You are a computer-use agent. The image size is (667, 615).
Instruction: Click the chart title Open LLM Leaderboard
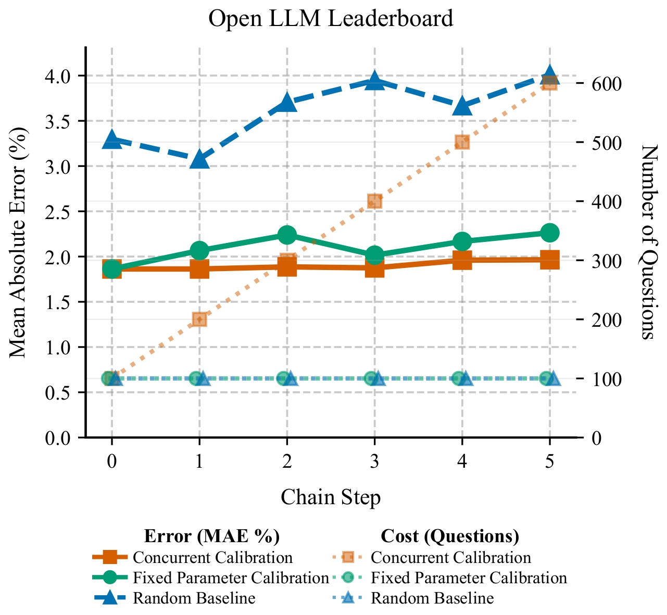(331, 19)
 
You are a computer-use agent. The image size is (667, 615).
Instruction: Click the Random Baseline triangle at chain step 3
(374, 81)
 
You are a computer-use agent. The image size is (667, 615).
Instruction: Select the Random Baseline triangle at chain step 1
(199, 159)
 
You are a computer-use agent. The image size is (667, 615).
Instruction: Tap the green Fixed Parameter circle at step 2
(287, 235)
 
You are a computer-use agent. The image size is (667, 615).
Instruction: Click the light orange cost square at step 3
(374, 201)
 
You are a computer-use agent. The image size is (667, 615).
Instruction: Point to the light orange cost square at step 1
(199, 319)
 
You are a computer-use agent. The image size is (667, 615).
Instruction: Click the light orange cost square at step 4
(462, 143)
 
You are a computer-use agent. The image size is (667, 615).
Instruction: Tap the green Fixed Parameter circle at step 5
(549, 233)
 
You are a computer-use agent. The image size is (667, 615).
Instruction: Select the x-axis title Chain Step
(331, 497)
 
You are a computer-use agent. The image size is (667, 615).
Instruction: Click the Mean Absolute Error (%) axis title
(19, 242)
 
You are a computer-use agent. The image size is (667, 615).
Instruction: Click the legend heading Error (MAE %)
(212, 536)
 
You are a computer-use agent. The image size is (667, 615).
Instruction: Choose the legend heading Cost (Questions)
(450, 536)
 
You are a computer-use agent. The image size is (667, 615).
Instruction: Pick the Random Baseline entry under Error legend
(194, 598)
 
